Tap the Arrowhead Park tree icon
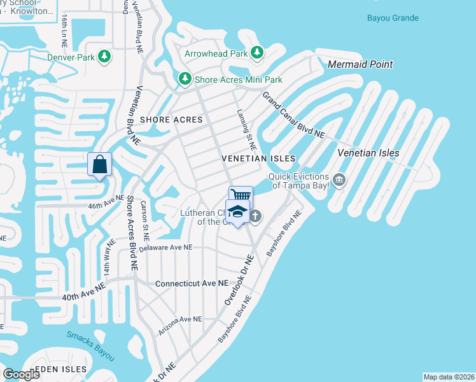(x=257, y=53)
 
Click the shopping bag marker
(x=100, y=165)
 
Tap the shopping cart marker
(x=241, y=196)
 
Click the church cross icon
(x=255, y=216)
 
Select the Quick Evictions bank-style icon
(x=339, y=180)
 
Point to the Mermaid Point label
(x=360, y=64)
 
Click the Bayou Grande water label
(x=393, y=17)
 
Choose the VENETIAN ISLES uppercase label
(x=258, y=158)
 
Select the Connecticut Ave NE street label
(x=192, y=283)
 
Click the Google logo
(x=21, y=374)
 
